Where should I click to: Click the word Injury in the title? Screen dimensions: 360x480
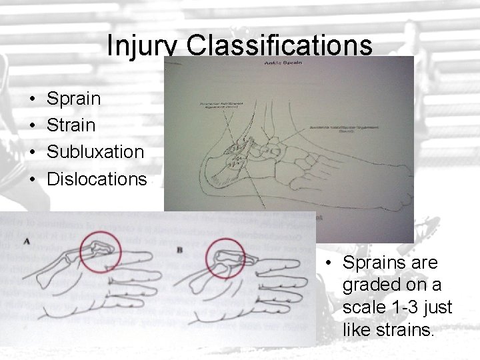tap(143, 45)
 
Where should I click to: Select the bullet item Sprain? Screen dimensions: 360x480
tap(73, 99)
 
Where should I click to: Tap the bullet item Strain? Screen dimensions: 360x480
tap(71, 125)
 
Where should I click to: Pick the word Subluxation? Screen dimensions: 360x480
tap(95, 152)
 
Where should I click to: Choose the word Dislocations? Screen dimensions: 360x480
tap(97, 179)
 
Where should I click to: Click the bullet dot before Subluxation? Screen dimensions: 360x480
tap(33, 153)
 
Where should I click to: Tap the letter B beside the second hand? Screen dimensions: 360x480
tap(181, 249)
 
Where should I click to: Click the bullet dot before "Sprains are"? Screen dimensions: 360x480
tap(329, 263)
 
